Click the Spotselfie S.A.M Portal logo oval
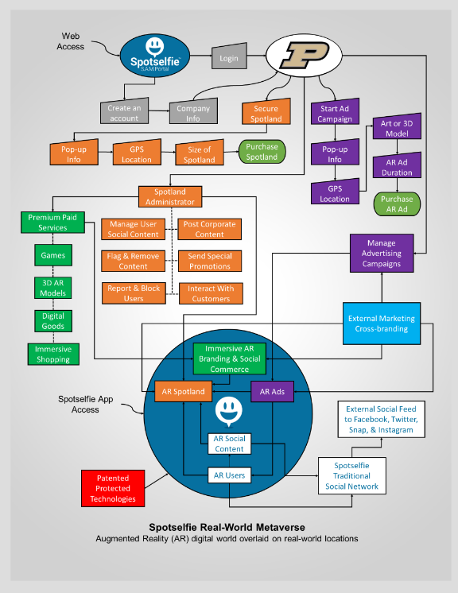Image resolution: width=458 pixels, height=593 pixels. point(155,56)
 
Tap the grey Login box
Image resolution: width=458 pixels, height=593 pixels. point(229,56)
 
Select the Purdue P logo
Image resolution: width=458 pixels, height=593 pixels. point(304,55)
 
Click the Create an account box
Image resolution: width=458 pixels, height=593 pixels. point(124,111)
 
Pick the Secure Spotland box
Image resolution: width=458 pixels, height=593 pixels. point(266,112)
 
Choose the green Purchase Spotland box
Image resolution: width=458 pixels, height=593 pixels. point(262,152)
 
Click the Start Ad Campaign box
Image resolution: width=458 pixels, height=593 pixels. point(335,112)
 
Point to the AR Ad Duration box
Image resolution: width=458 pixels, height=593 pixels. point(397,166)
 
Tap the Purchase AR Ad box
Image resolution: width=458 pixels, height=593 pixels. point(397,204)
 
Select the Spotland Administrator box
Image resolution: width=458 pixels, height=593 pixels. point(170,196)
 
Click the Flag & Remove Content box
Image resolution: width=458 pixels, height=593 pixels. point(133,261)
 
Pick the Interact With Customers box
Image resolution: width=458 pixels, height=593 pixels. point(211,293)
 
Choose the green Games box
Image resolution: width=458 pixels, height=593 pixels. point(53,255)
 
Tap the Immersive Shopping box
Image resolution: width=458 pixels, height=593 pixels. point(53,354)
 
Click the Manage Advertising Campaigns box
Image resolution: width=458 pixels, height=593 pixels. point(382,253)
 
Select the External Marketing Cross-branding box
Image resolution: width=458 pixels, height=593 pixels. point(382,324)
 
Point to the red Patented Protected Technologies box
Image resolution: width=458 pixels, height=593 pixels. point(113,488)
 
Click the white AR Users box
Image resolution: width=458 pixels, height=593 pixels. point(230,475)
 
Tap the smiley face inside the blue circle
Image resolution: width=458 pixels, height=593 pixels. point(229,410)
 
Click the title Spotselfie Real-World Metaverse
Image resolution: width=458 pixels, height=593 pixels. point(227,527)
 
